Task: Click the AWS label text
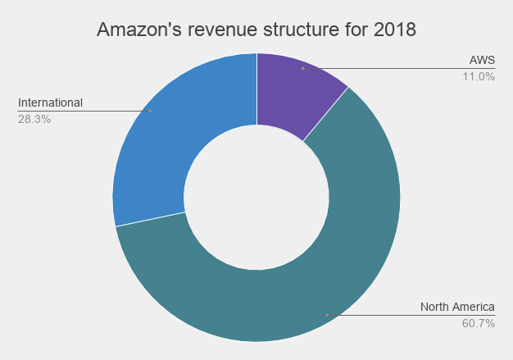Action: [x=482, y=61]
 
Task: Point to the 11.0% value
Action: [x=479, y=76]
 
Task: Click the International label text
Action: [x=50, y=103]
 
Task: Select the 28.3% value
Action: [x=34, y=118]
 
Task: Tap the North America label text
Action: [x=457, y=307]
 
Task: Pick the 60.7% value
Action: [x=479, y=323]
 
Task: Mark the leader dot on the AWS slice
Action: [x=302, y=68]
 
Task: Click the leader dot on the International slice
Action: [x=150, y=111]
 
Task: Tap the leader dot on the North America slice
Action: [x=327, y=315]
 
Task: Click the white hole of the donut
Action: [x=256, y=198]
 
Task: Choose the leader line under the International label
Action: [x=82, y=111]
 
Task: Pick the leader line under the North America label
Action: [x=410, y=315]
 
